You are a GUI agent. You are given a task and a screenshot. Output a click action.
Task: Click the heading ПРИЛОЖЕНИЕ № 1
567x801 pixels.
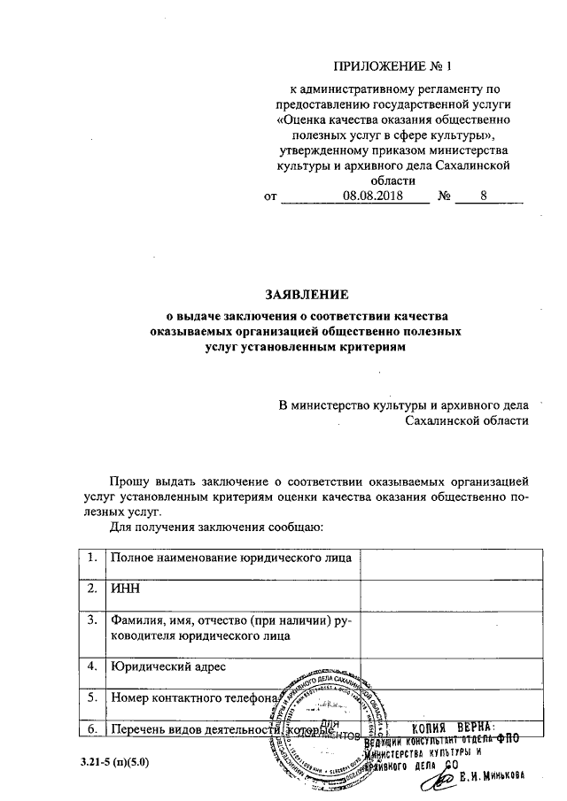click(x=391, y=66)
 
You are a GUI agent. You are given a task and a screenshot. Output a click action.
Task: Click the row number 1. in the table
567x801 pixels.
click(x=91, y=558)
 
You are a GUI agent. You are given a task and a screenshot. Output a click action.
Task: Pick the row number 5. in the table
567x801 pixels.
click(x=91, y=697)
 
